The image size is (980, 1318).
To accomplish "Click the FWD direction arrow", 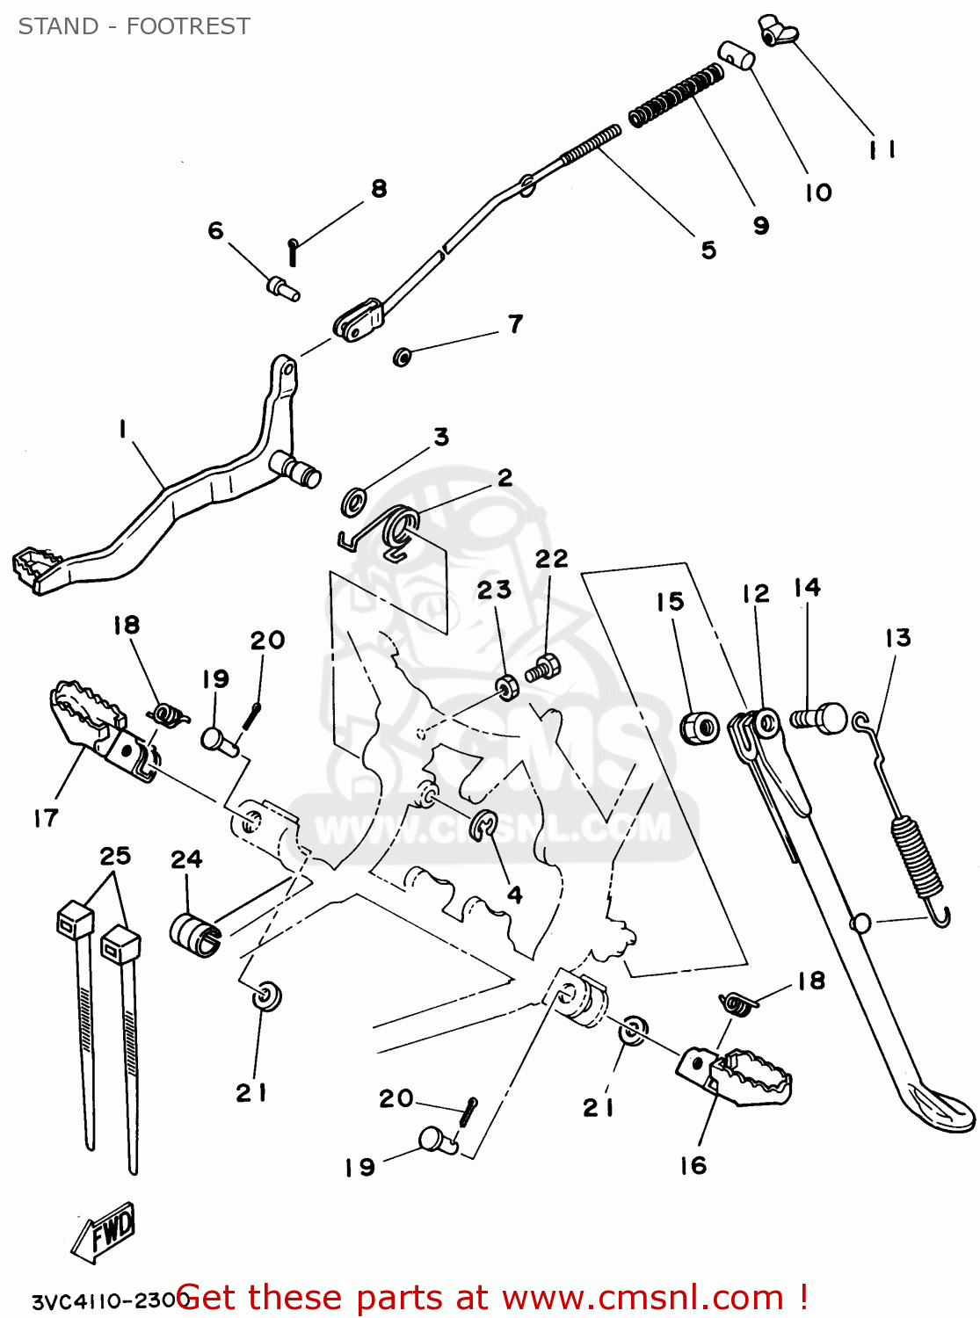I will (x=103, y=1233).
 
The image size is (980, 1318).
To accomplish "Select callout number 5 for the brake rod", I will (x=708, y=250).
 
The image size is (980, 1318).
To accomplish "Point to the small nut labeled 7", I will (x=402, y=357).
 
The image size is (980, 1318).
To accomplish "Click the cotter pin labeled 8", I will (x=294, y=252).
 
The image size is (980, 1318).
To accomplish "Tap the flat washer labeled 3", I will (x=355, y=503).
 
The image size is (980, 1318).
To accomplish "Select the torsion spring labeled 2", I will (x=397, y=533).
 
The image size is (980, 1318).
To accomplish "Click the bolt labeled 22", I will (x=544, y=670).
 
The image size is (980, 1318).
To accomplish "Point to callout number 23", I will (x=494, y=590).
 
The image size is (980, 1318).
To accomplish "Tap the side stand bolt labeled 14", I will (x=821, y=718).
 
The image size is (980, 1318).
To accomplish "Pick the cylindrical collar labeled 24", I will (x=195, y=934).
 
